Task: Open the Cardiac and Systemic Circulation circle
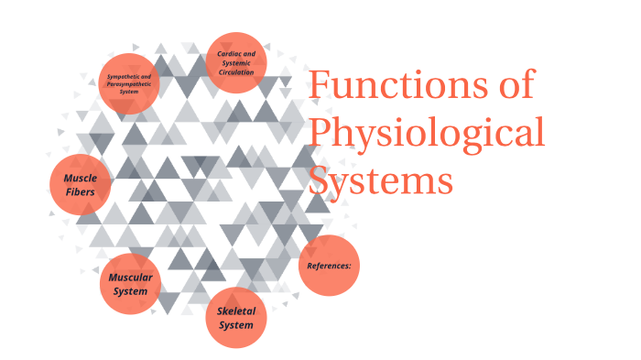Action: point(236,62)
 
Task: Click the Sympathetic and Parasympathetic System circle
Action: point(129,83)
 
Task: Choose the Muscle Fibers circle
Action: point(81,184)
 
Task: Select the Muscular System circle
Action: point(130,285)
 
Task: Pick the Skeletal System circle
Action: point(236,317)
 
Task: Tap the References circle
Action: point(330,266)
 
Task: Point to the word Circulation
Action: point(236,71)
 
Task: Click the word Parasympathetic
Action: point(128,83)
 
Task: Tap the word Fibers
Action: point(81,192)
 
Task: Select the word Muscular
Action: point(130,277)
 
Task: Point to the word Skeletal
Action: point(236,310)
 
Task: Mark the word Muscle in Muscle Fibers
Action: point(81,177)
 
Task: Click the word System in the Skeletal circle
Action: point(236,325)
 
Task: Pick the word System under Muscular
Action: point(130,292)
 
